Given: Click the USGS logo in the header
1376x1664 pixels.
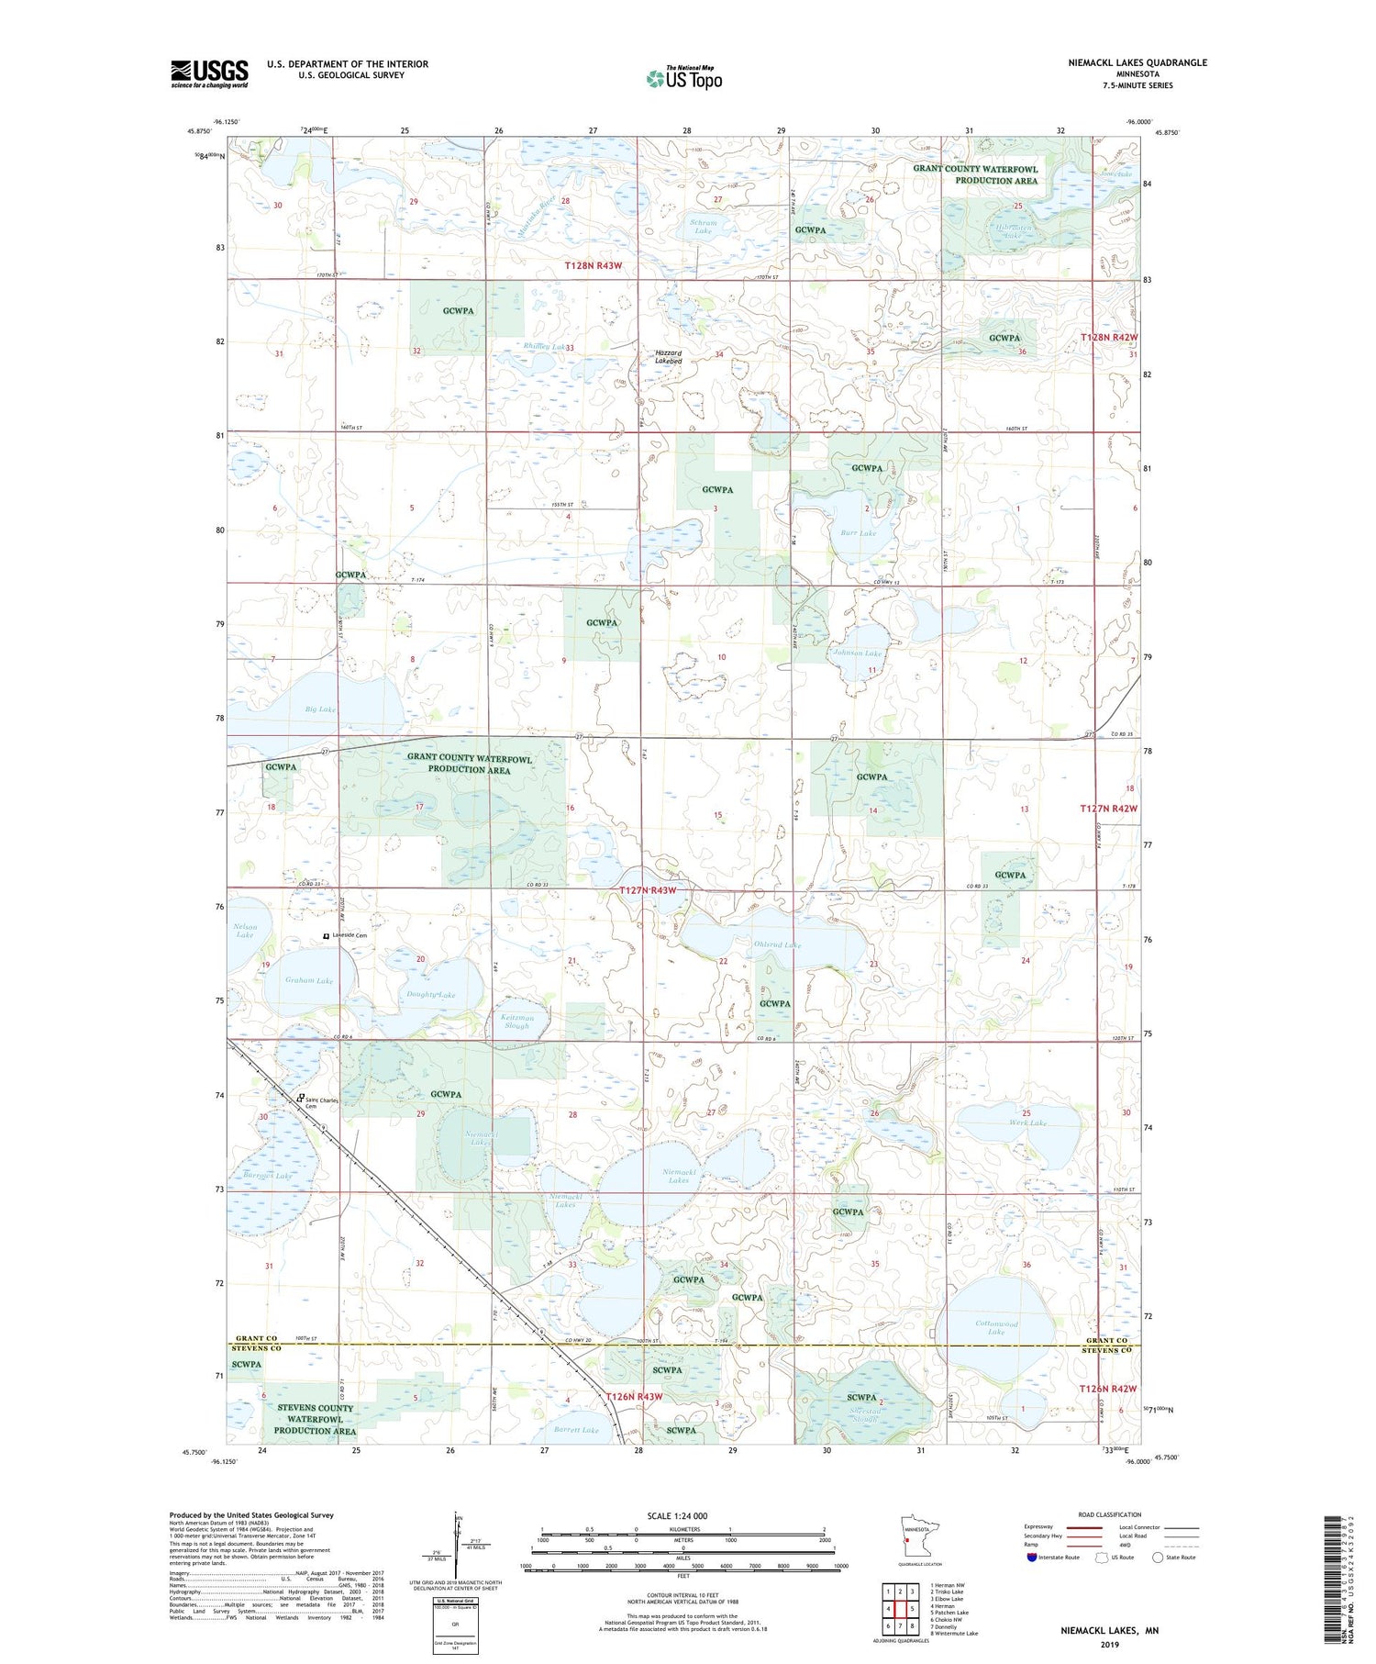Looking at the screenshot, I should (x=209, y=73).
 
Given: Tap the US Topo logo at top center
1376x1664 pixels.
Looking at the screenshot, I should (x=683, y=78).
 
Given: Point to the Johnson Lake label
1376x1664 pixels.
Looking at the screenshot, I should (x=857, y=653).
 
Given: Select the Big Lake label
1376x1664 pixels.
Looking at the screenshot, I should (x=320, y=709).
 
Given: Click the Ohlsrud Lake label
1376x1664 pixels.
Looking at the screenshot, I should (x=778, y=944).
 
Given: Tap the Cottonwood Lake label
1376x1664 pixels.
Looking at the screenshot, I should (x=996, y=1328).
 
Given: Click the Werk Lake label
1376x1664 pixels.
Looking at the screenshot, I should (x=1026, y=1122).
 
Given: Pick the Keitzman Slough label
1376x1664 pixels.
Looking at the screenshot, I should (x=516, y=1022).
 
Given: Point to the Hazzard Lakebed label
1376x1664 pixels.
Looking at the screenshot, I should (x=668, y=357).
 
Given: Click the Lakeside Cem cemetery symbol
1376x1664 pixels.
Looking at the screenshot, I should (x=325, y=935).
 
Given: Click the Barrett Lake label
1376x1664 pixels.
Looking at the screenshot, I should (x=576, y=1430).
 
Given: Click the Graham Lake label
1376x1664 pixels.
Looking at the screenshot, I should (x=309, y=980).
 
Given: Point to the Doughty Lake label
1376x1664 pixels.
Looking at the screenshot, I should (x=430, y=995).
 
